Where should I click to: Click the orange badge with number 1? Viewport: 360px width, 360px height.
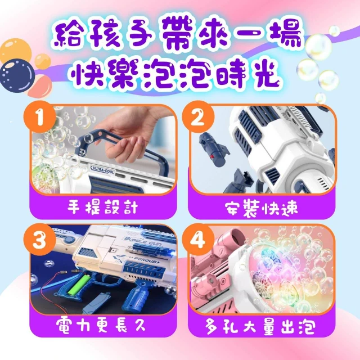coord(40,117)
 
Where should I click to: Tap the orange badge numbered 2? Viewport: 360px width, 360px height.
coord(198,117)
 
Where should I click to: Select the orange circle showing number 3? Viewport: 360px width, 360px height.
coord(40,240)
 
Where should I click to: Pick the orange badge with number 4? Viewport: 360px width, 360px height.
coord(198,240)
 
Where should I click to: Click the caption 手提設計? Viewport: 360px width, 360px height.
coord(102,207)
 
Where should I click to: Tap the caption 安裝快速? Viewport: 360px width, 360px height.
coord(261,208)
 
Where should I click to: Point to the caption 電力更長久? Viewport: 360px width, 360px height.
coord(101,325)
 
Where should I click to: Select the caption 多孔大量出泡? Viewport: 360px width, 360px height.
coord(260,326)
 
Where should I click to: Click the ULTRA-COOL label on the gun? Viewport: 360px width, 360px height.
coord(102,169)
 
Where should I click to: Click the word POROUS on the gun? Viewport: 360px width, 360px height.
coord(146,260)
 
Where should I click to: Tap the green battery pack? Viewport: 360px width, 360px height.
coord(78,285)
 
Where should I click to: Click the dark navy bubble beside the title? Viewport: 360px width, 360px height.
coord(17,75)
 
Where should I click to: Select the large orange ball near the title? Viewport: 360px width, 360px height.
coord(16,51)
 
